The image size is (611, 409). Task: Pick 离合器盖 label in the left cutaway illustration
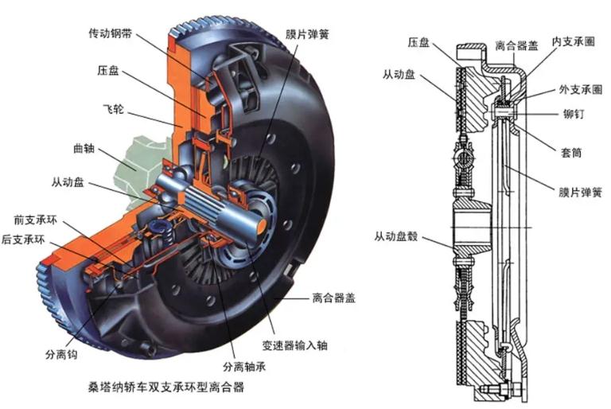(x=333, y=298)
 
